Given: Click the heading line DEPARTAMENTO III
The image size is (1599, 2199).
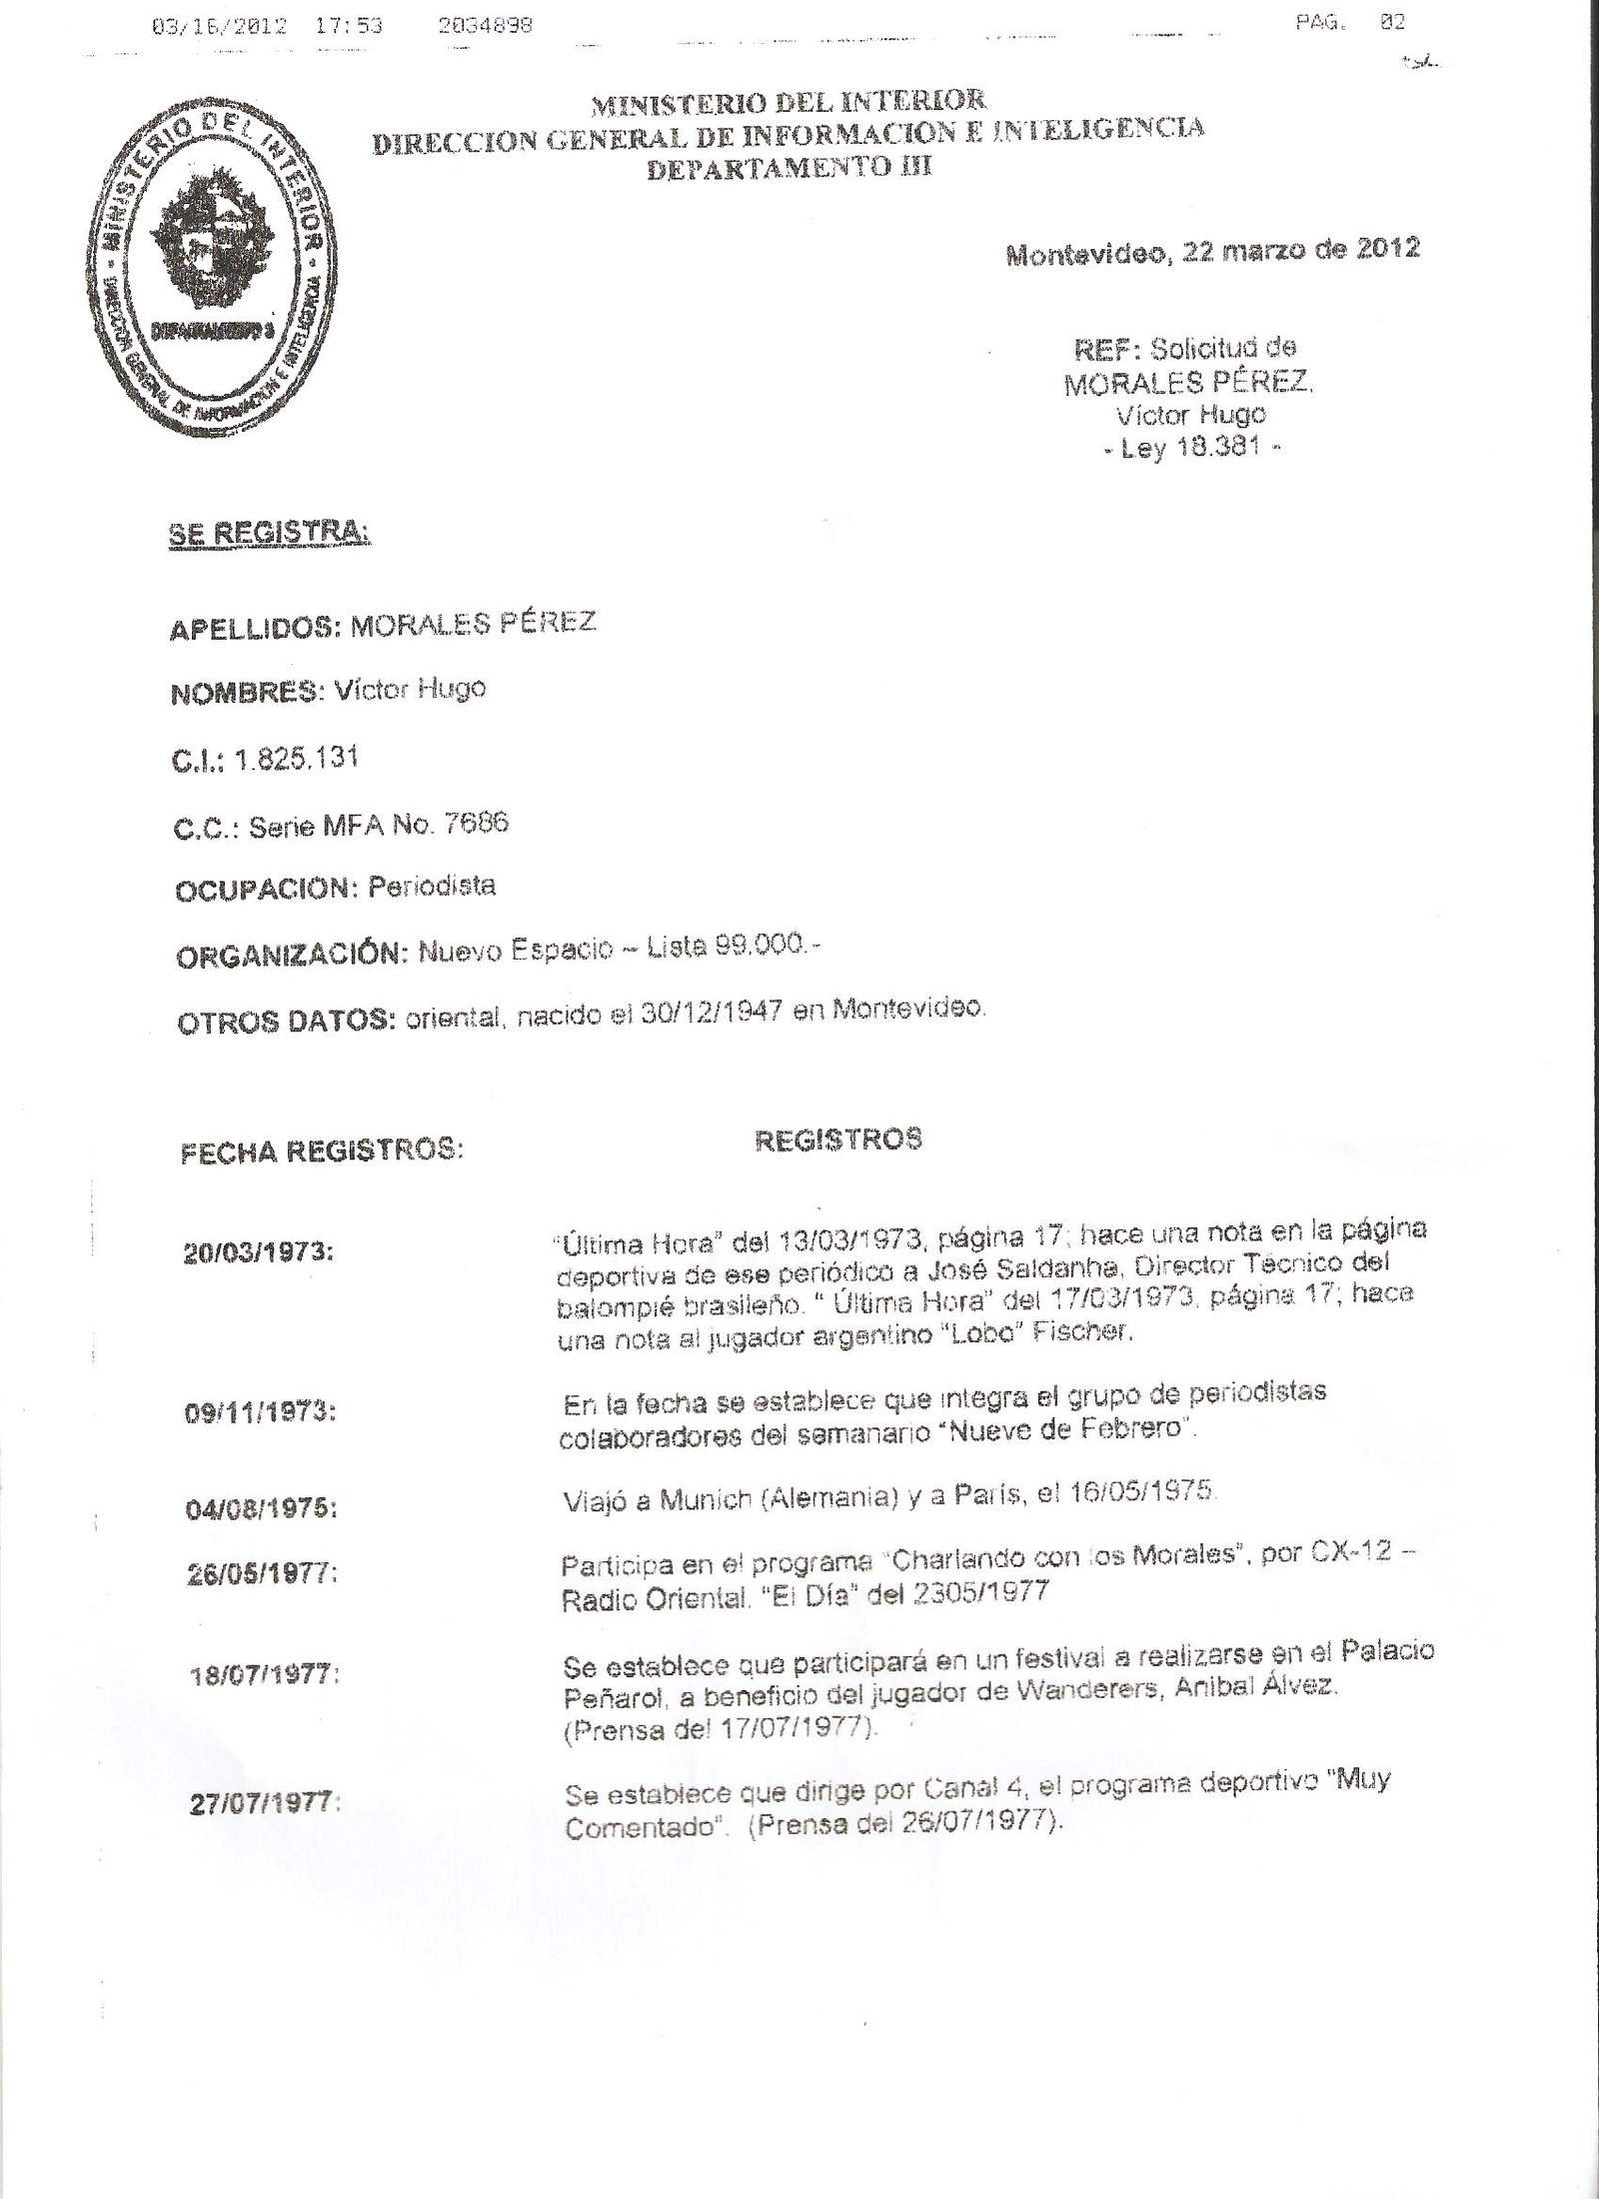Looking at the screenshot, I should (790, 168).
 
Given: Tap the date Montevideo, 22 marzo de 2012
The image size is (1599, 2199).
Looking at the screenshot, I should (1212, 250).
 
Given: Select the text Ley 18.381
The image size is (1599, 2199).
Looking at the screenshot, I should (1190, 449).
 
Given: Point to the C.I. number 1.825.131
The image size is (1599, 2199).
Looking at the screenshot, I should (296, 759).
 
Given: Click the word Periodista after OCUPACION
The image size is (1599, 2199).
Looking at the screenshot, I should (432, 887).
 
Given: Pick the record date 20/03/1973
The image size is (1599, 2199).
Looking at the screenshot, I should (258, 1253).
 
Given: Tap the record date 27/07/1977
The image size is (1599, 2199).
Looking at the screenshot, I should (264, 1804).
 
